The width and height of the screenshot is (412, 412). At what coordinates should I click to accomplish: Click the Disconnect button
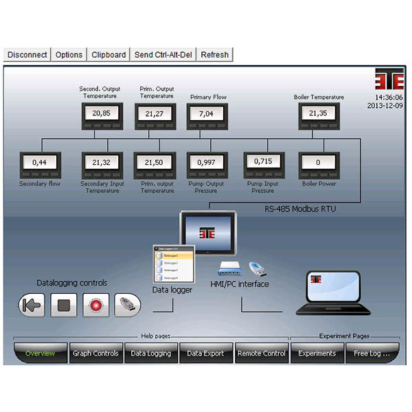tap(27, 55)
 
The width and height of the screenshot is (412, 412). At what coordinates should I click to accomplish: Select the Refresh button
tap(215, 55)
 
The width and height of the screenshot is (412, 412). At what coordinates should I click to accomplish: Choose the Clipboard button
tap(108, 55)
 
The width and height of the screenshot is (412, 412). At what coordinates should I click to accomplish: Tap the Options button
tap(69, 55)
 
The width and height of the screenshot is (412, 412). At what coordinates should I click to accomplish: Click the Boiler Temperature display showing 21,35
tap(318, 114)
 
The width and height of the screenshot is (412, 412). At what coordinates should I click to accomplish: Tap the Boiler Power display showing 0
tap(318, 163)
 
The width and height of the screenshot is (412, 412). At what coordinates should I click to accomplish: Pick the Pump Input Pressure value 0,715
tap(262, 162)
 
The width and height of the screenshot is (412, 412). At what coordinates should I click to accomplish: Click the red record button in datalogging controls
tap(96, 305)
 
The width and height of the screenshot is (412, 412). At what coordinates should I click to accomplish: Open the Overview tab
tap(41, 354)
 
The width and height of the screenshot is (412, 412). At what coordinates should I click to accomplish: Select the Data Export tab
tap(205, 354)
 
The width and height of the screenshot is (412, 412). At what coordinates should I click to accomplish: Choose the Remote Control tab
tap(262, 354)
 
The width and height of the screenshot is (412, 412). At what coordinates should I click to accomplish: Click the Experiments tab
tap(317, 354)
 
